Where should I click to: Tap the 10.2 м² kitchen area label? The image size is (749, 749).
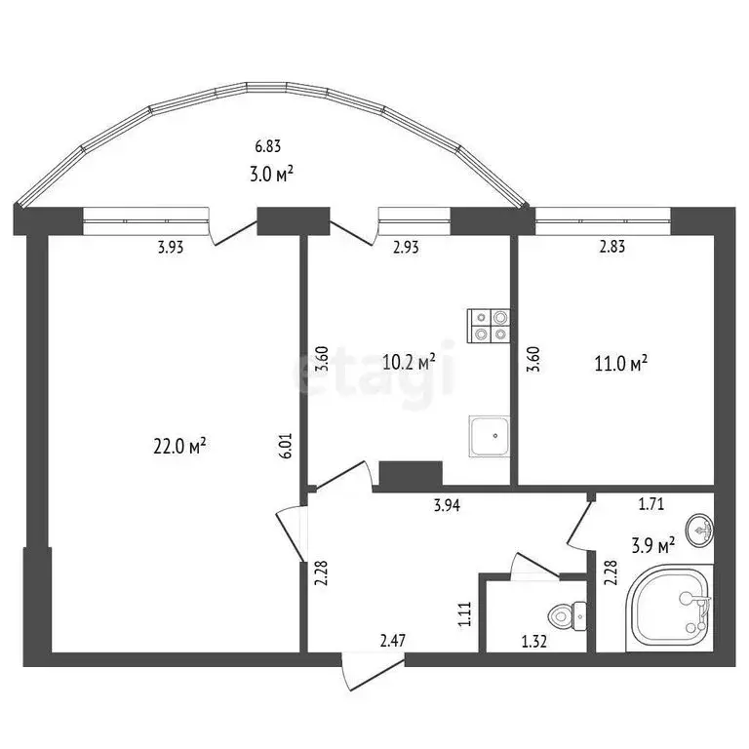[x=409, y=363]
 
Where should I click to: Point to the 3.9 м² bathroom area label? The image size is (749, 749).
[x=652, y=545]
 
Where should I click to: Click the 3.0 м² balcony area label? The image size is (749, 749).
[x=272, y=175]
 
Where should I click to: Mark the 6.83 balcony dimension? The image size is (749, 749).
[x=268, y=147]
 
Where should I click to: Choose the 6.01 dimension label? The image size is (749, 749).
[x=286, y=446]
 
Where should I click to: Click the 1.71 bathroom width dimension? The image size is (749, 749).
[x=651, y=504]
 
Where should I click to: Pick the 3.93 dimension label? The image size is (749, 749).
[x=171, y=247]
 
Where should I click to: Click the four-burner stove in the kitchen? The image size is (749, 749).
[x=490, y=325]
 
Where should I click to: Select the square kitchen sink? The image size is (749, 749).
[x=489, y=435]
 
